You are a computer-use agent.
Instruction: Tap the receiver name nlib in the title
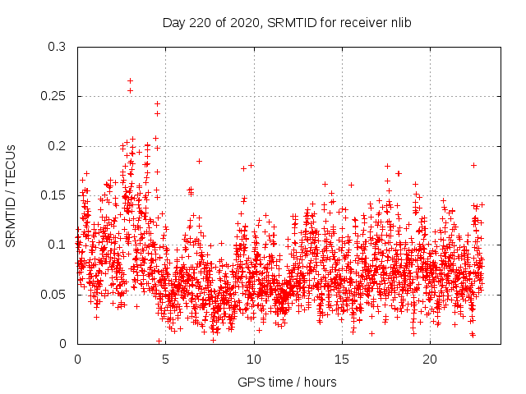click(x=399, y=22)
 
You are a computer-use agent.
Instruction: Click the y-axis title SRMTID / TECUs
click(x=11, y=195)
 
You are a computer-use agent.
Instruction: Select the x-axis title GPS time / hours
click(x=288, y=382)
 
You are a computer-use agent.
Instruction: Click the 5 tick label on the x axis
click(x=165, y=359)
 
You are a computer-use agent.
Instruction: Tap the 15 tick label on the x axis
click(x=342, y=359)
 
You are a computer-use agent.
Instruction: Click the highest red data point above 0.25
click(x=130, y=80)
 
